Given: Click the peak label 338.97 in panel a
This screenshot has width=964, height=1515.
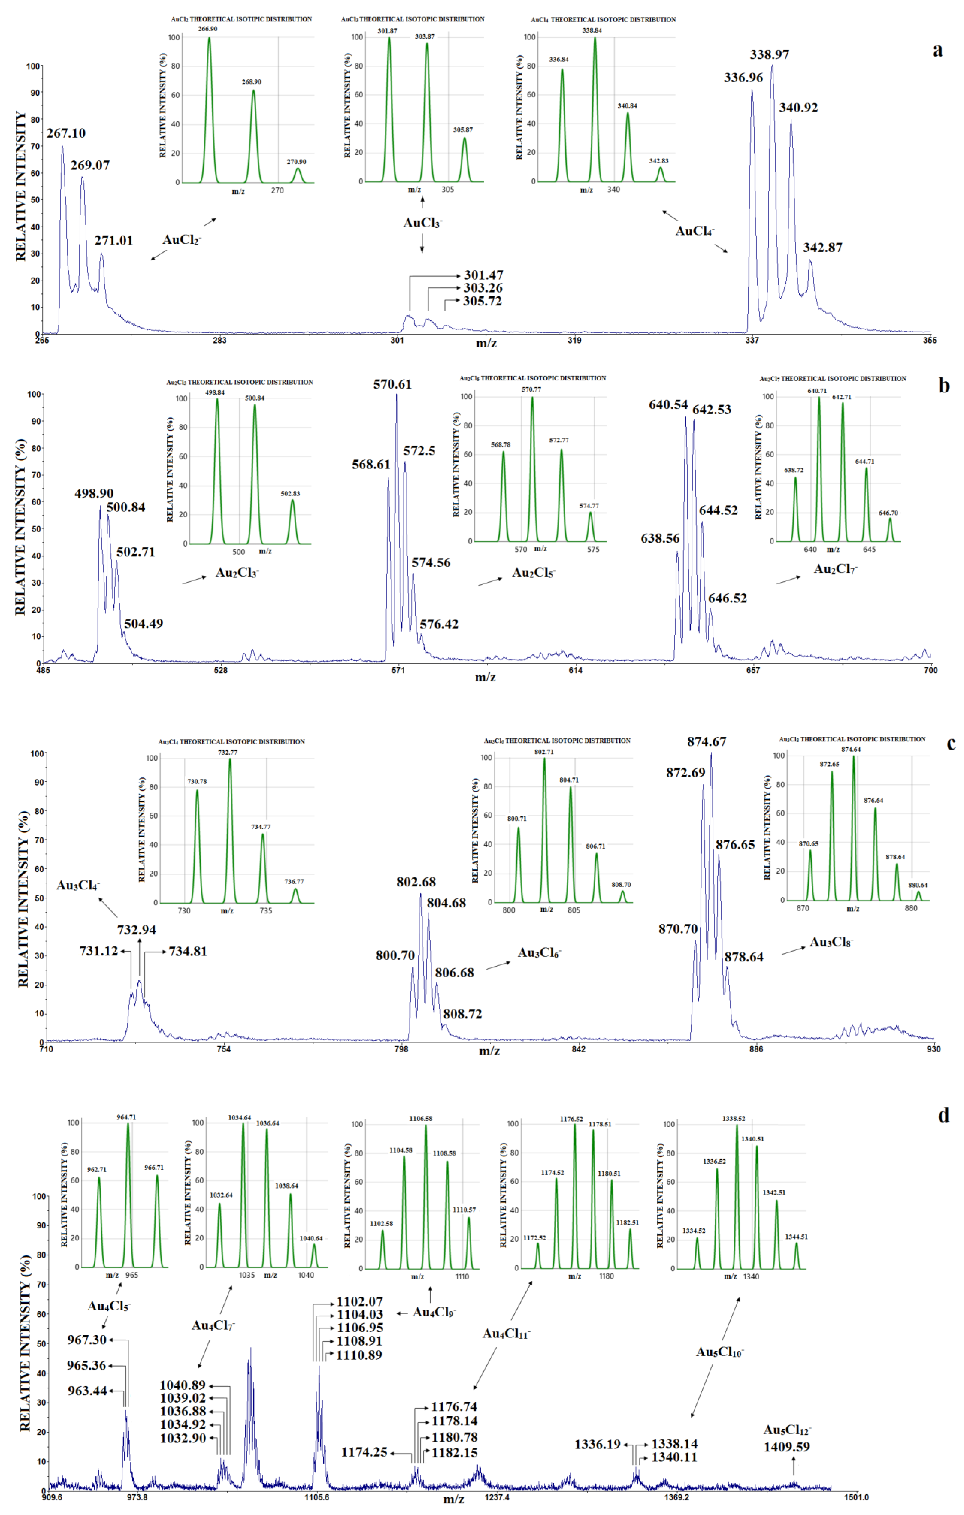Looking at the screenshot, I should [769, 55].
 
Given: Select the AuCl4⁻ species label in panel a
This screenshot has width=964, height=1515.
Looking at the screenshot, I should [695, 231].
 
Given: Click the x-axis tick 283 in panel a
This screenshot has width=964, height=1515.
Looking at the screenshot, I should [219, 340].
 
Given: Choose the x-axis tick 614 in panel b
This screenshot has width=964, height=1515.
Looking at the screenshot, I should [575, 670].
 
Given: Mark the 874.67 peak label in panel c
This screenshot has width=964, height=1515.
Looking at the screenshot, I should [707, 742].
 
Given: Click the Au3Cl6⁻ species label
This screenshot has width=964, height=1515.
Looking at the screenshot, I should [539, 953].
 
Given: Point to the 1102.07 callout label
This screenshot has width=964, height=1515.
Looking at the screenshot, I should [360, 1301].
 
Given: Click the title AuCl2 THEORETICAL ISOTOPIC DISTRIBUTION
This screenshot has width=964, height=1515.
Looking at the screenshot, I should [241, 19].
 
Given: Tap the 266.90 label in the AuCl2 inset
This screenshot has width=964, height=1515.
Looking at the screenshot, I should [208, 29].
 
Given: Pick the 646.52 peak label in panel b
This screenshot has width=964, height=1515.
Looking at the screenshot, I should [727, 598].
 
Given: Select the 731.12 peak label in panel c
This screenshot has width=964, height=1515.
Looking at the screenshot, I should [99, 951].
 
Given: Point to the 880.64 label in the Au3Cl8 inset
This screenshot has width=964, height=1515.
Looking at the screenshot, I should [917, 885].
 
